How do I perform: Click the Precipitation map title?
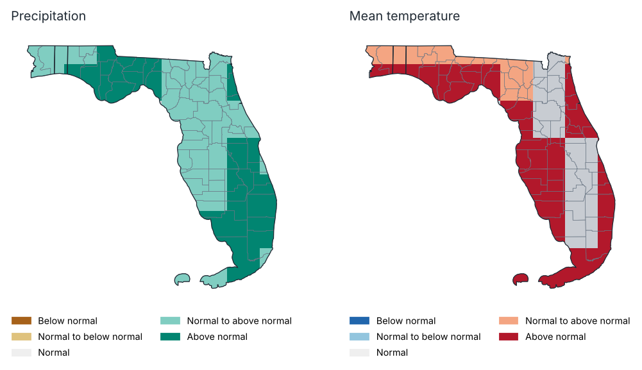[48, 16]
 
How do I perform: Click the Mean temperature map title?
[405, 16]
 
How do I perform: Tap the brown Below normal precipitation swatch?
[21, 321]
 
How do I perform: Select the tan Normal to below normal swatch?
[21, 337]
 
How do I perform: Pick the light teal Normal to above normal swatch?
[171, 321]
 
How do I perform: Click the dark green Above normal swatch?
[171, 337]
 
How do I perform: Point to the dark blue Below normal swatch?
[360, 321]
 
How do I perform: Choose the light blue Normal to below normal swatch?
[360, 337]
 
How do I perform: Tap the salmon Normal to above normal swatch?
[509, 321]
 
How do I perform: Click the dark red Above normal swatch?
[509, 337]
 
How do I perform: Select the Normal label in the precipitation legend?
[54, 353]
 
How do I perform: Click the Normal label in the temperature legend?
[392, 353]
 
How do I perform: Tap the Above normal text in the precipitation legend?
[217, 337]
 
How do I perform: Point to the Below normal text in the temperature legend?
[406, 321]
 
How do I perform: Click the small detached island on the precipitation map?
[182, 280]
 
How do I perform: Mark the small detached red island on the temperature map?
[520, 280]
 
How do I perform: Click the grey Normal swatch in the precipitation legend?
[21, 353]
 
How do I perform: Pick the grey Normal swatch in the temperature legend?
[360, 353]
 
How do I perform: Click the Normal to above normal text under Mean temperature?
[577, 321]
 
